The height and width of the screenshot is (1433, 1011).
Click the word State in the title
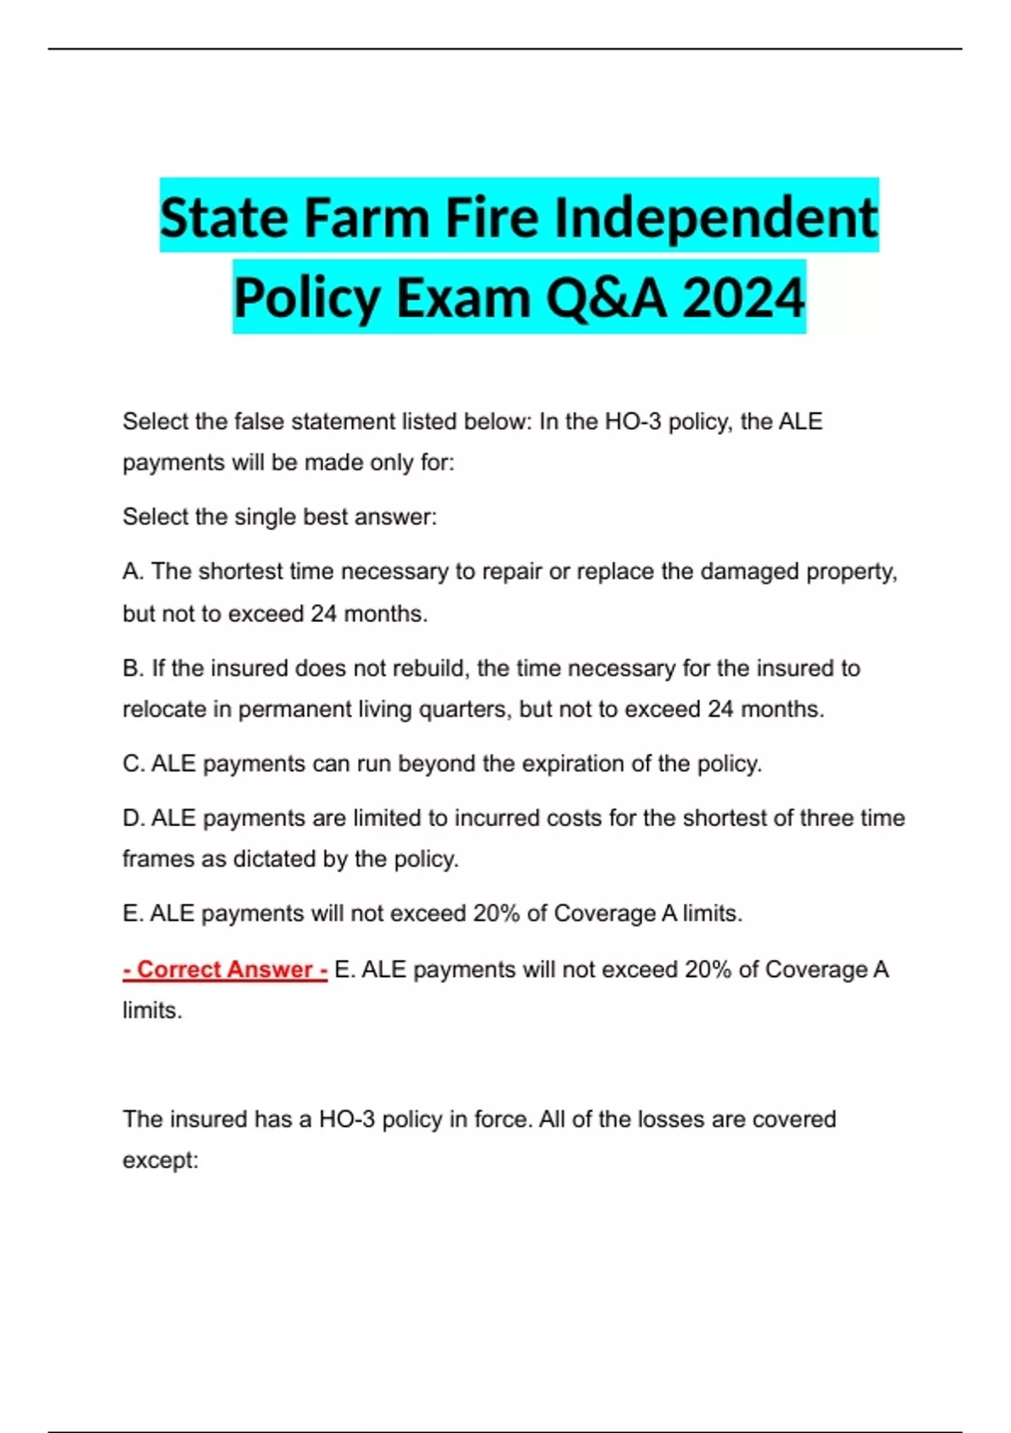225,217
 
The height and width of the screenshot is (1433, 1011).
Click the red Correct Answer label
225,969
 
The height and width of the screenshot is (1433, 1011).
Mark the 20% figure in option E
496,914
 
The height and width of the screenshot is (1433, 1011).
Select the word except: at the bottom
160,1161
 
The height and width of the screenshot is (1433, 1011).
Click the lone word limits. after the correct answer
152,1010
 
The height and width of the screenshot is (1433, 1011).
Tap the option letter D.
133,818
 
